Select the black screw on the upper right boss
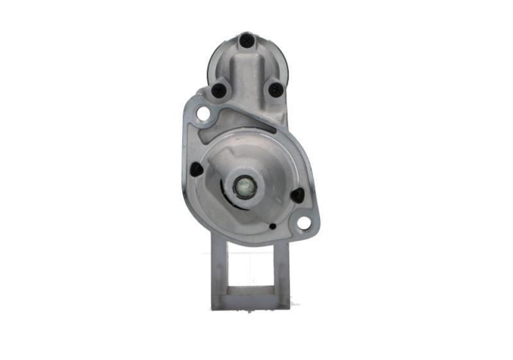point(276,89)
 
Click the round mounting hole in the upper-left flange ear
point(203,114)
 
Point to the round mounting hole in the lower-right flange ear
point(303,223)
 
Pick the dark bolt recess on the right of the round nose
point(297,195)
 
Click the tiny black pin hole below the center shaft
point(273,226)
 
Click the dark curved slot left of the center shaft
point(225,190)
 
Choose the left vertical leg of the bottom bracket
point(219,270)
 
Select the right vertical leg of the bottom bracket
point(282,270)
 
